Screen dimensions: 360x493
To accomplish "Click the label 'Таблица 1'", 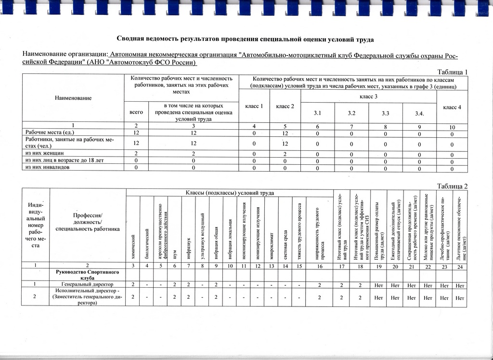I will [x=452, y=72].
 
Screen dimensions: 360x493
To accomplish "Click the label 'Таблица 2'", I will [x=452, y=186].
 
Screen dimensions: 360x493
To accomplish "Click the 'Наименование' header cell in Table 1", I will [x=73, y=98].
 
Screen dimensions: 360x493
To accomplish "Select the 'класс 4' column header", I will [x=453, y=107].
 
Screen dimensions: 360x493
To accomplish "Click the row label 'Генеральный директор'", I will [x=87, y=284].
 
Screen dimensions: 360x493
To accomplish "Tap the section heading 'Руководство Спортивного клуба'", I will [x=87, y=274].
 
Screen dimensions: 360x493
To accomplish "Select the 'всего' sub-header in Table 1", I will [x=136, y=112].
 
